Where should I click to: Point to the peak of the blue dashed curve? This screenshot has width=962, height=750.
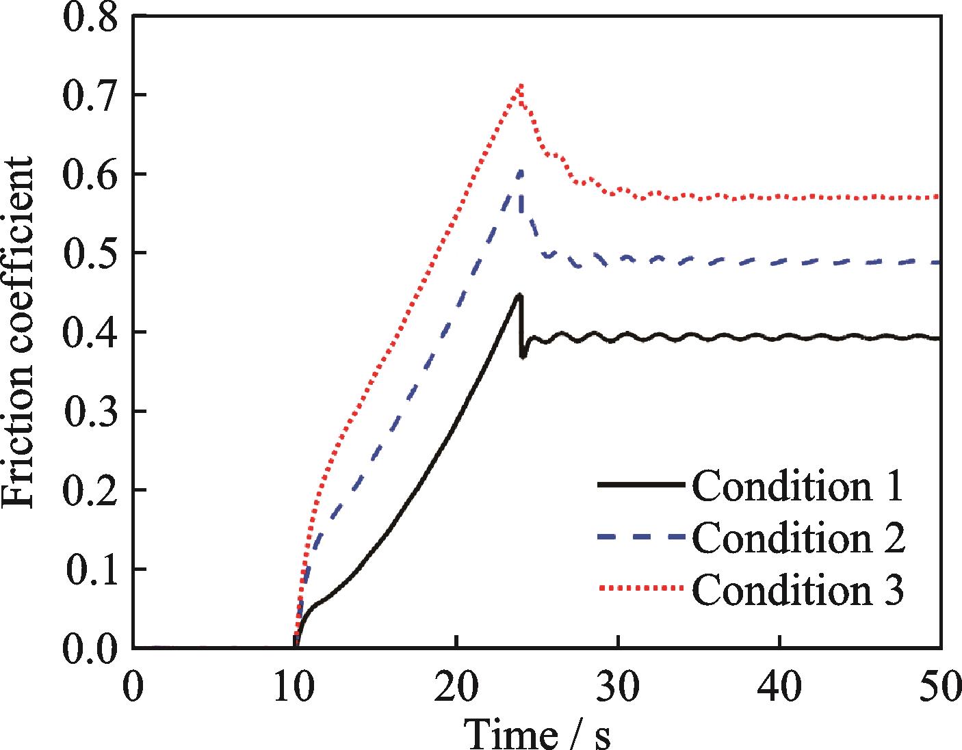coord(521,171)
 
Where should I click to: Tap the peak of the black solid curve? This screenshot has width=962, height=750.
coord(520,295)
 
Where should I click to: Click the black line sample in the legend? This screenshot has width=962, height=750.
coord(640,485)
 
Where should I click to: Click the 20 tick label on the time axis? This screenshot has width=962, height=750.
coord(456,687)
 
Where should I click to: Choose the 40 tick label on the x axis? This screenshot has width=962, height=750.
coord(780,687)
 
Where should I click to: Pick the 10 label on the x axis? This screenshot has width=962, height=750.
coord(295,687)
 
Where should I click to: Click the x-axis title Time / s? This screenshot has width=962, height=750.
coord(538,734)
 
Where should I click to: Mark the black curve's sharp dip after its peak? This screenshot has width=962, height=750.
coord(523,356)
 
